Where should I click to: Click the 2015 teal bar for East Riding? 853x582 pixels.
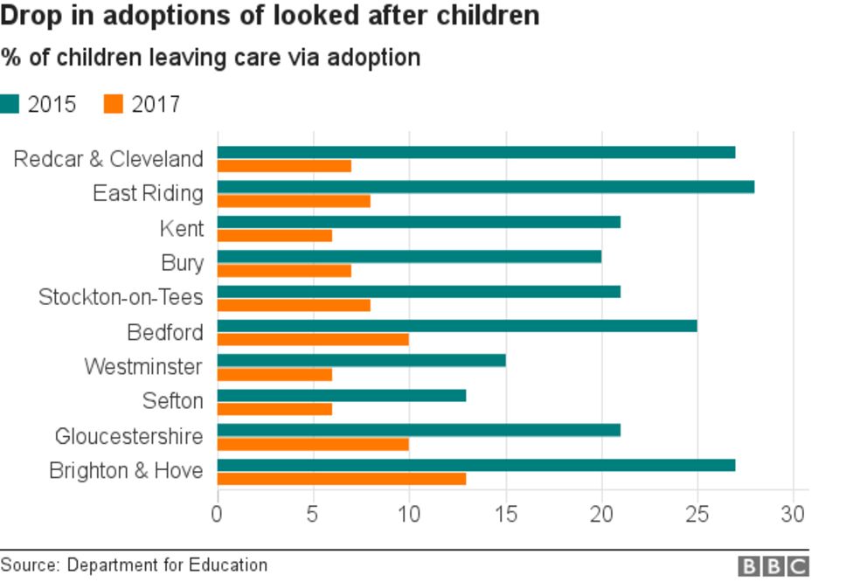[485, 187]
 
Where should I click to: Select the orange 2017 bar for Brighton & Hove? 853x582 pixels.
[341, 479]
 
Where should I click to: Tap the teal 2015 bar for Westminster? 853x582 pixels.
[361, 361]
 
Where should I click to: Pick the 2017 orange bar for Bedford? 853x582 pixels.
[313, 339]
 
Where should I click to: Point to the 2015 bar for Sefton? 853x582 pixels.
[341, 396]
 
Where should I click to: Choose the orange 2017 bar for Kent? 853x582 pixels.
[274, 235]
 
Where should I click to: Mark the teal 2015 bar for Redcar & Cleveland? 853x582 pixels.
[475, 152]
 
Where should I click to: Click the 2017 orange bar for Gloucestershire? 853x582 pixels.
[313, 444]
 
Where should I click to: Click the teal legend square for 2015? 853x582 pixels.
[10, 104]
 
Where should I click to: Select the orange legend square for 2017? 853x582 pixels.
[113, 104]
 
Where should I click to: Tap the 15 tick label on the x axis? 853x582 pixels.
[505, 514]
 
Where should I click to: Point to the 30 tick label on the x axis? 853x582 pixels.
[793, 514]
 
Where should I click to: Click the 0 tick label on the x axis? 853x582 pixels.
[217, 514]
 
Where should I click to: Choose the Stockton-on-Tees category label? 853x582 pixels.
[121, 297]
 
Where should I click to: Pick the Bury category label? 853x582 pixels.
[182, 262]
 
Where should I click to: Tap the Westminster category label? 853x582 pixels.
[143, 366]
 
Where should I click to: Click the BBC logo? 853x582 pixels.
[773, 566]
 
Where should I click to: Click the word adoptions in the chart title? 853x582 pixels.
[154, 17]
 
